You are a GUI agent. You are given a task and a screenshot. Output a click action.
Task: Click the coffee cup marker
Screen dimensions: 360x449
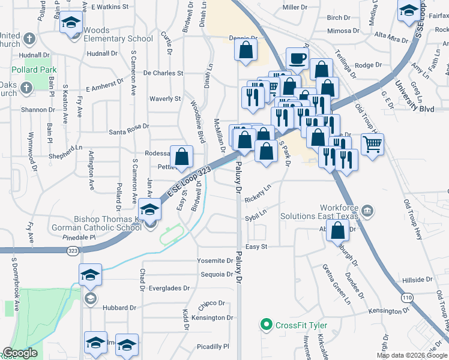click(x=298, y=59)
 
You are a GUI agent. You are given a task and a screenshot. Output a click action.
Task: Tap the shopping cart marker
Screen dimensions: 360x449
click(x=372, y=145)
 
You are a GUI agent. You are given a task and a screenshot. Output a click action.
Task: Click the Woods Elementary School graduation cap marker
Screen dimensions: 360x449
click(x=71, y=23)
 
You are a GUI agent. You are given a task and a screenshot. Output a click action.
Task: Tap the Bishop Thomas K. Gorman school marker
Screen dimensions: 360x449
click(x=149, y=209)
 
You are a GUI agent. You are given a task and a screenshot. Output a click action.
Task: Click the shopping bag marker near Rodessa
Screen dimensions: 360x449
click(x=181, y=157)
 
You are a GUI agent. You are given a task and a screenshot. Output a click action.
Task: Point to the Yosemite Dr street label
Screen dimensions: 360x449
click(x=215, y=261)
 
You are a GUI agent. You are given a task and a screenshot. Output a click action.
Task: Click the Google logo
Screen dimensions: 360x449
click(x=20, y=353)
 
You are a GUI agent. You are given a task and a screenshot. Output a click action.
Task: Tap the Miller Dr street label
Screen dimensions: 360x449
click(x=294, y=7)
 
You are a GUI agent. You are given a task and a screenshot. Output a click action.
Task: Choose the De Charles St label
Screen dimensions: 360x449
click(x=163, y=73)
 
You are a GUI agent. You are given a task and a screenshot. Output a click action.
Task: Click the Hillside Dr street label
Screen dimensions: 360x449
click(x=417, y=280)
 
